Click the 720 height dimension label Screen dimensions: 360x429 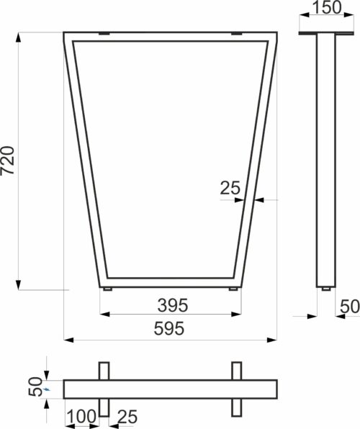pos(7,161)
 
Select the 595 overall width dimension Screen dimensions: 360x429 pos(169,328)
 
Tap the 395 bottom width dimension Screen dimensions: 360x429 pos(173,305)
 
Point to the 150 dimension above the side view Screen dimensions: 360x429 pos(327,7)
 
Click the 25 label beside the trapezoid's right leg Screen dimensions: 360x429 pos(230,188)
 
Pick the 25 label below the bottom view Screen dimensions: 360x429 pos(127,417)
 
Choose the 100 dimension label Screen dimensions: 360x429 pos(81,417)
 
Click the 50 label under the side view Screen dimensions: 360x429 pos(350,306)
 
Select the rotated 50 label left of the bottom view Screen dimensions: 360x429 pos(35,387)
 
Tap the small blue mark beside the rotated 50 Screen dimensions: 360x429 pos(47,389)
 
